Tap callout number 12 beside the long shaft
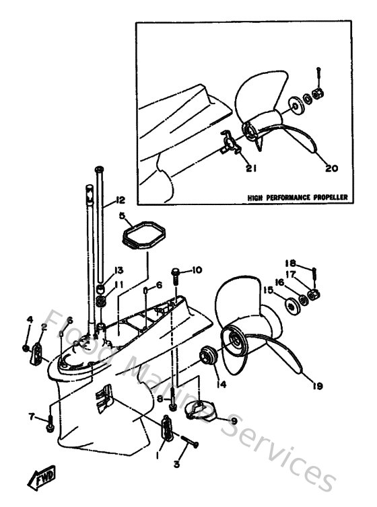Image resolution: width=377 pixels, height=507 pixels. [x=121, y=200]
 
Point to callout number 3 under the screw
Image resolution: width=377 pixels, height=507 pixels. [x=177, y=464]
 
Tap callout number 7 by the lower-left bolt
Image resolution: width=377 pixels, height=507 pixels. [x=32, y=417]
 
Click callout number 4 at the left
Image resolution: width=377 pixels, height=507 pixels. [x=29, y=319]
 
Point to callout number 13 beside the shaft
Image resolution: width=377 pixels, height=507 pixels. [x=118, y=270]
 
